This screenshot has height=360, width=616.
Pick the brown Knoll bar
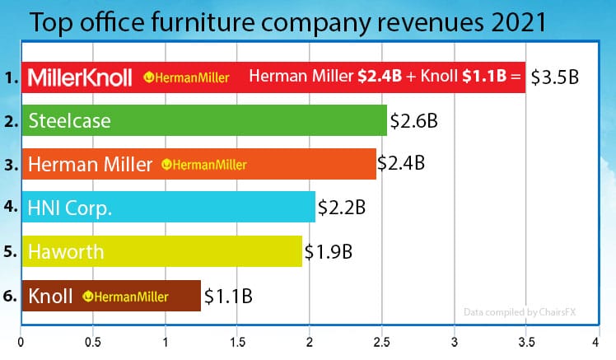(x=110, y=295)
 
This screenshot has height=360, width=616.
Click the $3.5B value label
(x=556, y=77)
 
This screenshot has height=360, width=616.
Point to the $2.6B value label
(x=413, y=121)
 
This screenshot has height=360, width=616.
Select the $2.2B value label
(x=343, y=208)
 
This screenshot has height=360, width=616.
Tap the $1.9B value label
(x=329, y=251)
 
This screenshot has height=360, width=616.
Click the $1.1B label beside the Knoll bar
(x=228, y=295)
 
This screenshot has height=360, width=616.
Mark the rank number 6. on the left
(x=9, y=295)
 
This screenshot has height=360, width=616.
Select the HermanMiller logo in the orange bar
(x=205, y=165)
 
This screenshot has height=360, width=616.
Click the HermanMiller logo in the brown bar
(x=127, y=296)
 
